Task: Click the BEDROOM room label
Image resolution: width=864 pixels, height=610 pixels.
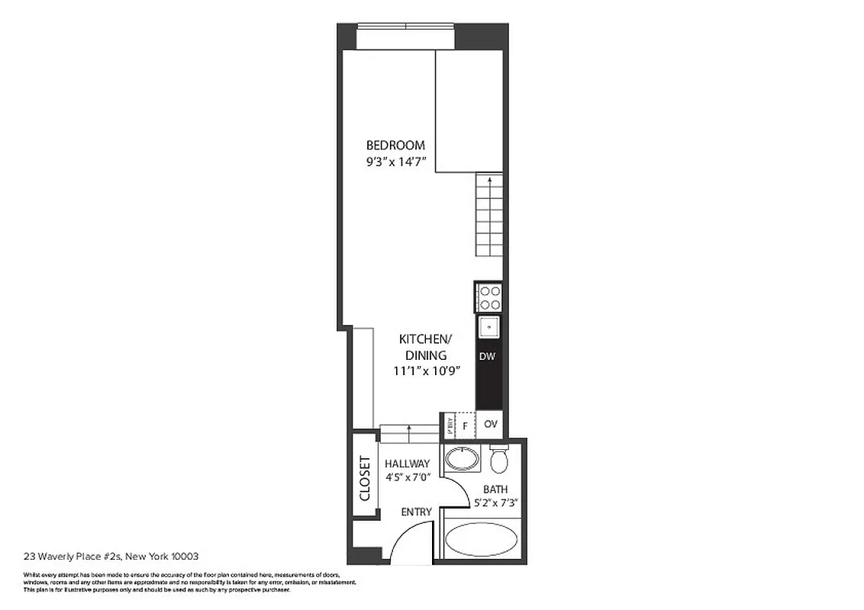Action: click(x=395, y=145)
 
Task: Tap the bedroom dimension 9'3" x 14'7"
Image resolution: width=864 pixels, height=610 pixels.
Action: click(x=395, y=162)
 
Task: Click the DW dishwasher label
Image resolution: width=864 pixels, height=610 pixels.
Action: click(x=488, y=356)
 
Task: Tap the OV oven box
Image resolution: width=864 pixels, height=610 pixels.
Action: click(x=491, y=424)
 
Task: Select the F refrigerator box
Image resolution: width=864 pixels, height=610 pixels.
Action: click(x=465, y=425)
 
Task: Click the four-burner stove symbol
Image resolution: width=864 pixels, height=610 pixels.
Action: click(x=489, y=297)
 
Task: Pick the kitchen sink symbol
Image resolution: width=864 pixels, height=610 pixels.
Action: click(x=489, y=326)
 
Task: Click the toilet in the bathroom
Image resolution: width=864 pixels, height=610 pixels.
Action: click(x=499, y=460)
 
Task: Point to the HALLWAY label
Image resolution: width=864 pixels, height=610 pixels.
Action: click(x=407, y=464)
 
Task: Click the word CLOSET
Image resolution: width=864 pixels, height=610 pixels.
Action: click(x=365, y=478)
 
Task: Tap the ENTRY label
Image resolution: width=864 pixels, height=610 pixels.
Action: click(x=416, y=512)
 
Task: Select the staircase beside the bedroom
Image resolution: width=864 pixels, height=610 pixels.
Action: click(x=488, y=215)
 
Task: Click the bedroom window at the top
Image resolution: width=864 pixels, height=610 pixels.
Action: click(x=405, y=37)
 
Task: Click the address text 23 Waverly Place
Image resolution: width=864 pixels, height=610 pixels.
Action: click(x=111, y=557)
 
